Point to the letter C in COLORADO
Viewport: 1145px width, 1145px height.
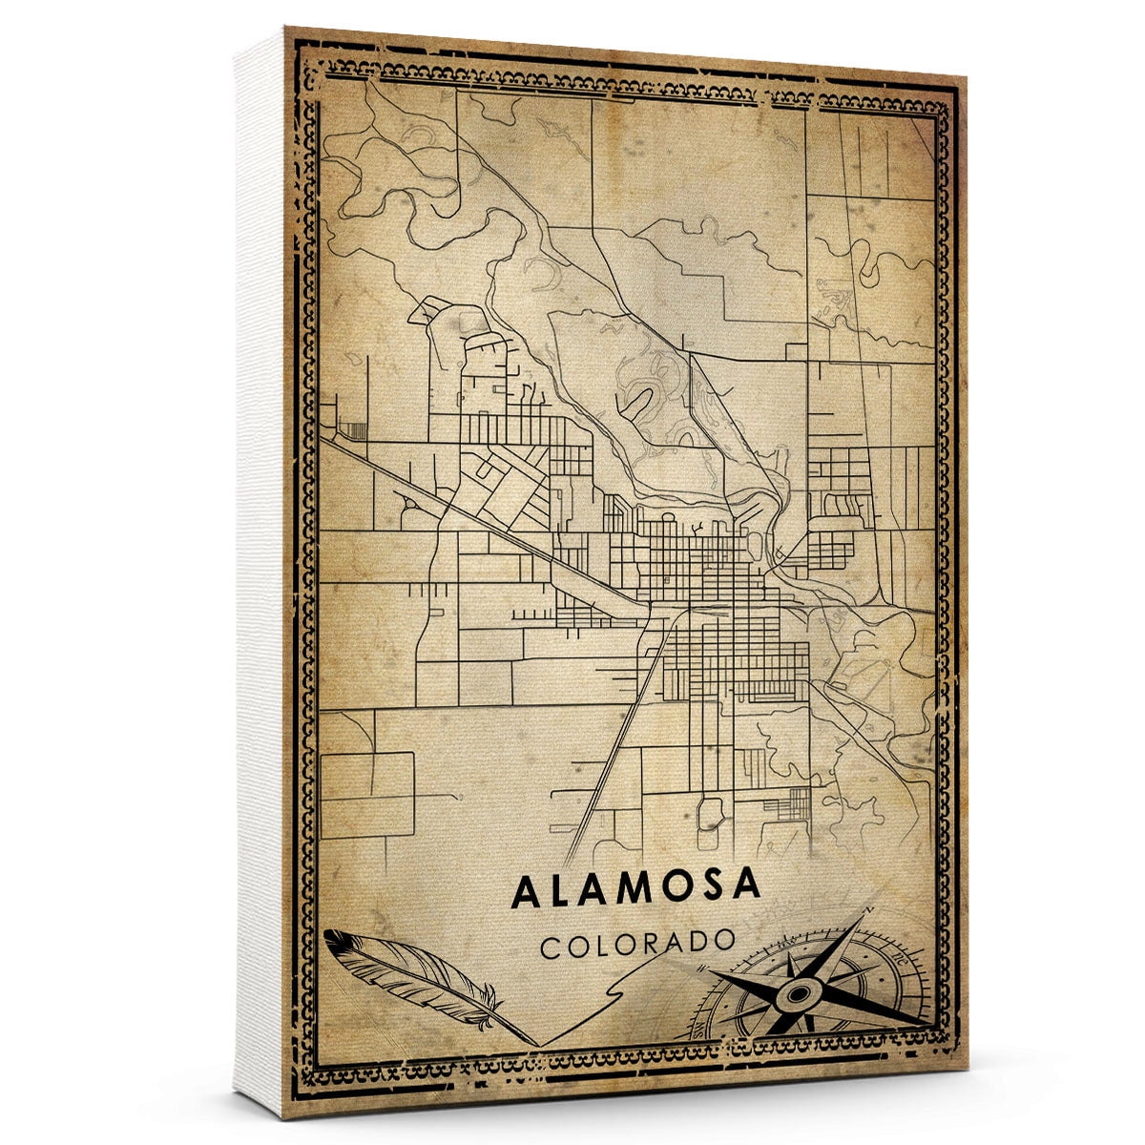coord(551,947)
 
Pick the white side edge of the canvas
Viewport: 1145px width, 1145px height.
coord(258,572)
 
